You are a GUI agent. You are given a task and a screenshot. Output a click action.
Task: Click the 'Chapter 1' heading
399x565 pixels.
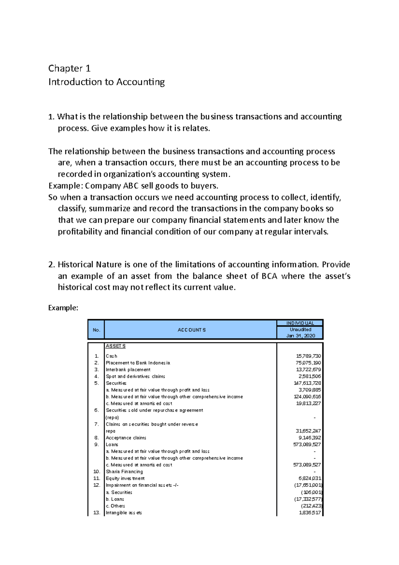[69, 69]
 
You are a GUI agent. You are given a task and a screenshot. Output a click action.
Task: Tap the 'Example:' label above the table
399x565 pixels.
[63, 308]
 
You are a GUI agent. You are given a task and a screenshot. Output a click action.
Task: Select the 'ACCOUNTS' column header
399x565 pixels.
[192, 330]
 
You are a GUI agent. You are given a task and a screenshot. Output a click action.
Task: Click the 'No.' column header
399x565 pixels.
[96, 330]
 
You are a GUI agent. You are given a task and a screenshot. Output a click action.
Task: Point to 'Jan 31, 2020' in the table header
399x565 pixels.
[301, 336]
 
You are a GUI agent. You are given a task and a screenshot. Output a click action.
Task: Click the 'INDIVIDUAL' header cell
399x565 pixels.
[300, 323]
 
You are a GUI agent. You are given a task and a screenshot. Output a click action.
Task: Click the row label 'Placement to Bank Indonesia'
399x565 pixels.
[138, 363]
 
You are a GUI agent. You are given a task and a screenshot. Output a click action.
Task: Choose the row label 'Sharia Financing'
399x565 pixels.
[124, 472]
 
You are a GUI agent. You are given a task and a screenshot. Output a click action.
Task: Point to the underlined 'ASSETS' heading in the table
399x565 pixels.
[115, 346]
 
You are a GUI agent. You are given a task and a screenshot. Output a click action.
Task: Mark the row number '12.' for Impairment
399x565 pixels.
[96, 485]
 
